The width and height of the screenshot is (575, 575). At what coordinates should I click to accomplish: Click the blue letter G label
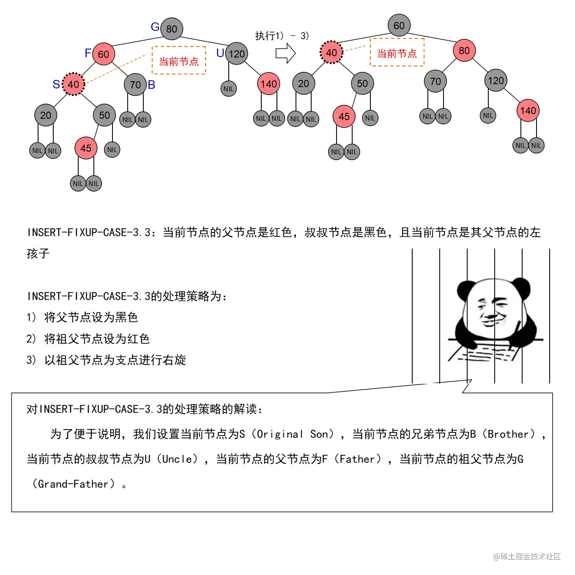tap(155, 27)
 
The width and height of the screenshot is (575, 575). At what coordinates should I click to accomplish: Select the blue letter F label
tap(88, 53)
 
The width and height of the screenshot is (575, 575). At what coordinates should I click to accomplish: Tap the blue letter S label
tap(56, 84)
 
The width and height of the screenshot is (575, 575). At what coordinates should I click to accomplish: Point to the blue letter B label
tap(151, 85)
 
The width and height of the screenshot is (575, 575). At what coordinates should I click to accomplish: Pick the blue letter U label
tap(220, 53)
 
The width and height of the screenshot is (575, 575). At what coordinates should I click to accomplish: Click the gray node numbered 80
tap(172, 29)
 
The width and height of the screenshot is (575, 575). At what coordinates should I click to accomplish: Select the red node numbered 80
tap(464, 51)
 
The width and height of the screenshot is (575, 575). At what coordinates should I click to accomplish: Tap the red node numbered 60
tap(104, 54)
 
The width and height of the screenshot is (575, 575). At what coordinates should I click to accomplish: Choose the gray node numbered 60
tap(399, 25)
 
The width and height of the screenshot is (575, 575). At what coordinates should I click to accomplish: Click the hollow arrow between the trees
tap(285, 54)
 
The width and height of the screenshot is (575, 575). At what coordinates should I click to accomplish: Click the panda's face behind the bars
tap(493, 309)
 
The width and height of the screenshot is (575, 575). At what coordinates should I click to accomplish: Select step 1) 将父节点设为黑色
tap(82, 317)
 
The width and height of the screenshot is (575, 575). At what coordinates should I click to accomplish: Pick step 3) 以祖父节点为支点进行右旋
tap(106, 360)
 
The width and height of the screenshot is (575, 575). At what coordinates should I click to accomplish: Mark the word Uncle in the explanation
tap(180, 459)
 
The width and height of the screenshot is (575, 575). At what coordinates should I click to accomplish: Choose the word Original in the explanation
tap(280, 434)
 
